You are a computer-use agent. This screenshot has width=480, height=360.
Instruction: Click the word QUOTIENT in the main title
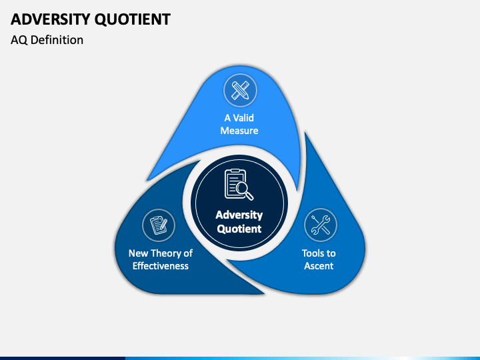click(x=133, y=19)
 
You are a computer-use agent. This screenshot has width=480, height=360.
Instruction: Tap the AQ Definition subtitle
click(x=47, y=40)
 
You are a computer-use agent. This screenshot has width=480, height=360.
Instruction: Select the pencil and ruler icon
click(x=239, y=89)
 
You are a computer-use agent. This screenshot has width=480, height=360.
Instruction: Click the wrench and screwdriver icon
click(x=321, y=225)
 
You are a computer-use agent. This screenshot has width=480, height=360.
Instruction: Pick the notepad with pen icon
click(x=159, y=225)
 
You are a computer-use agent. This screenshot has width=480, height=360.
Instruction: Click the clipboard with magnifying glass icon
click(x=237, y=185)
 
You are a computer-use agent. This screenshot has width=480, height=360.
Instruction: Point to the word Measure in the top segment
click(x=239, y=131)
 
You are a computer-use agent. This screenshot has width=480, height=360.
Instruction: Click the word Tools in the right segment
click(x=313, y=253)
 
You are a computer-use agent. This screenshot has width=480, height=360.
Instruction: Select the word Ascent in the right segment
click(x=319, y=266)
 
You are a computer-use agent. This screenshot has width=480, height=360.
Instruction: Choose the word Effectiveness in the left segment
click(x=160, y=266)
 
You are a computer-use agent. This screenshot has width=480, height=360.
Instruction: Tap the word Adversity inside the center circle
click(x=239, y=215)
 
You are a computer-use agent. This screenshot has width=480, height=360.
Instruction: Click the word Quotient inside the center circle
click(x=239, y=229)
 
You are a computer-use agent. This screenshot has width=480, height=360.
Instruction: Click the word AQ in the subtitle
click(x=19, y=40)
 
